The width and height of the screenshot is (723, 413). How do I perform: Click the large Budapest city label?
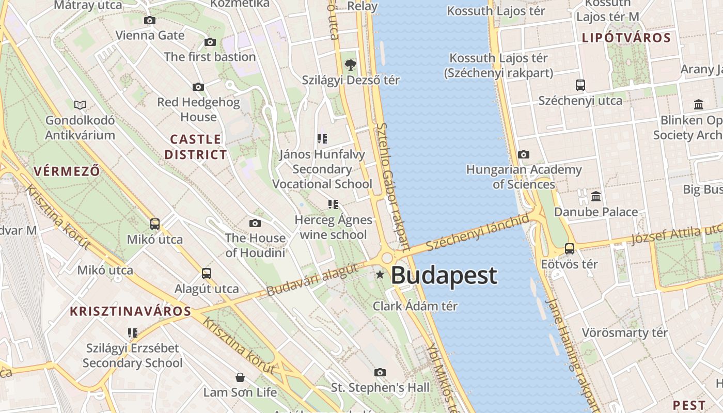(444, 276)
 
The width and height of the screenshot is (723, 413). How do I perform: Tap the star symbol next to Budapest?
(380, 275)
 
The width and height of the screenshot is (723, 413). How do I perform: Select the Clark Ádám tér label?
(415, 306)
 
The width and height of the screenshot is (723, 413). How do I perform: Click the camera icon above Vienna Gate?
(150, 20)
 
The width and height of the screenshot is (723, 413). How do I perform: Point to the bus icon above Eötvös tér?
(570, 249)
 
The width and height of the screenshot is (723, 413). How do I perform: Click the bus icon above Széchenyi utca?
(580, 85)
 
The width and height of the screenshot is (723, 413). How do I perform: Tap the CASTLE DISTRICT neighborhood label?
(196, 147)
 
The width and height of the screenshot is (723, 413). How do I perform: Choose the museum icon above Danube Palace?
(596, 197)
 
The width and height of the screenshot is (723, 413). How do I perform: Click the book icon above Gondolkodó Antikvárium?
(80, 105)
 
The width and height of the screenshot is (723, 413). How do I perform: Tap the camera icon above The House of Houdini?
(255, 223)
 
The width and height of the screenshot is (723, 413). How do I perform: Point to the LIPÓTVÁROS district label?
(626, 38)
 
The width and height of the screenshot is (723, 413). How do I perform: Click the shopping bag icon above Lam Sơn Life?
(240, 377)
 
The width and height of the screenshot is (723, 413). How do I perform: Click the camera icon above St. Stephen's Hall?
(380, 372)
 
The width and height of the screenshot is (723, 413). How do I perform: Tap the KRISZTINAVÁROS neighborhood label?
(131, 311)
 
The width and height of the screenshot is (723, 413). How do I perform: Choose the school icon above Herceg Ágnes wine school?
(333, 204)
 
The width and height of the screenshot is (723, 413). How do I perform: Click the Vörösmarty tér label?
(625, 333)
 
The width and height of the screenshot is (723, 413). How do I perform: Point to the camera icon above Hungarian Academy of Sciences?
(524, 155)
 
